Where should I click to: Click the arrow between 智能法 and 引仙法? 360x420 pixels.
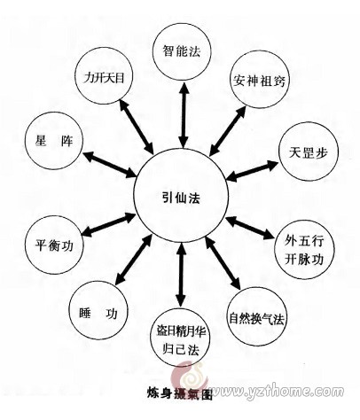pyautogui.click(x=184, y=114)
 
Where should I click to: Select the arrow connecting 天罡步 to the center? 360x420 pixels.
pyautogui.click(x=252, y=170)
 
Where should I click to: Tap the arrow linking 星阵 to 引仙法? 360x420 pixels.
pyautogui.click(x=110, y=165)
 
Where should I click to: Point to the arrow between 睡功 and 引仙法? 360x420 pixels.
pyautogui.click(x=134, y=259)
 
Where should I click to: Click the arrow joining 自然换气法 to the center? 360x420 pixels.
pyautogui.click(x=223, y=262)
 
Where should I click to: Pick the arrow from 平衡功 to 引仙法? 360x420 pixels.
pyautogui.click(x=108, y=224)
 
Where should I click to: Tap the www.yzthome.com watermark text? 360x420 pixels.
pyautogui.click(x=277, y=392)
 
